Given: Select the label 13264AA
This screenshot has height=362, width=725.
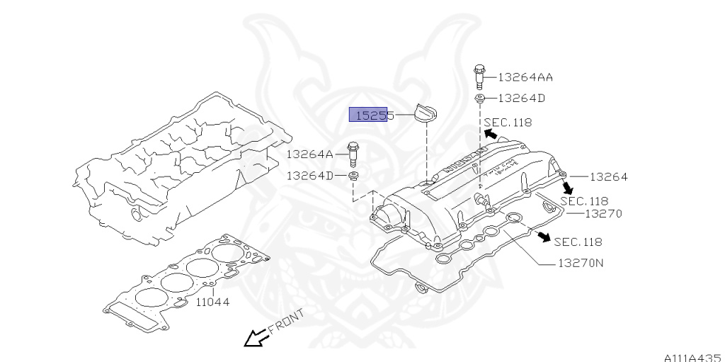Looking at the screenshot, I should (525, 77).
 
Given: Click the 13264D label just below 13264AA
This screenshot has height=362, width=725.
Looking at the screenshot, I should (521, 98).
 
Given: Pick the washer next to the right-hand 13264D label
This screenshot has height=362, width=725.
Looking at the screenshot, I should (479, 98).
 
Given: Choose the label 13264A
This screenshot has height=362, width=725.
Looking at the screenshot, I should (310, 154).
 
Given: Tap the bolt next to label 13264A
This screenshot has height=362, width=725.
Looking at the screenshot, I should (353, 154).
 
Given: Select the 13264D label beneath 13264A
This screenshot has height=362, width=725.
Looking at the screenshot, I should (309, 175).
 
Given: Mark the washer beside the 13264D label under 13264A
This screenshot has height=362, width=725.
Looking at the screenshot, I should (353, 175).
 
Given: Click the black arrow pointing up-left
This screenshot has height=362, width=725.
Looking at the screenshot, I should (490, 133).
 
